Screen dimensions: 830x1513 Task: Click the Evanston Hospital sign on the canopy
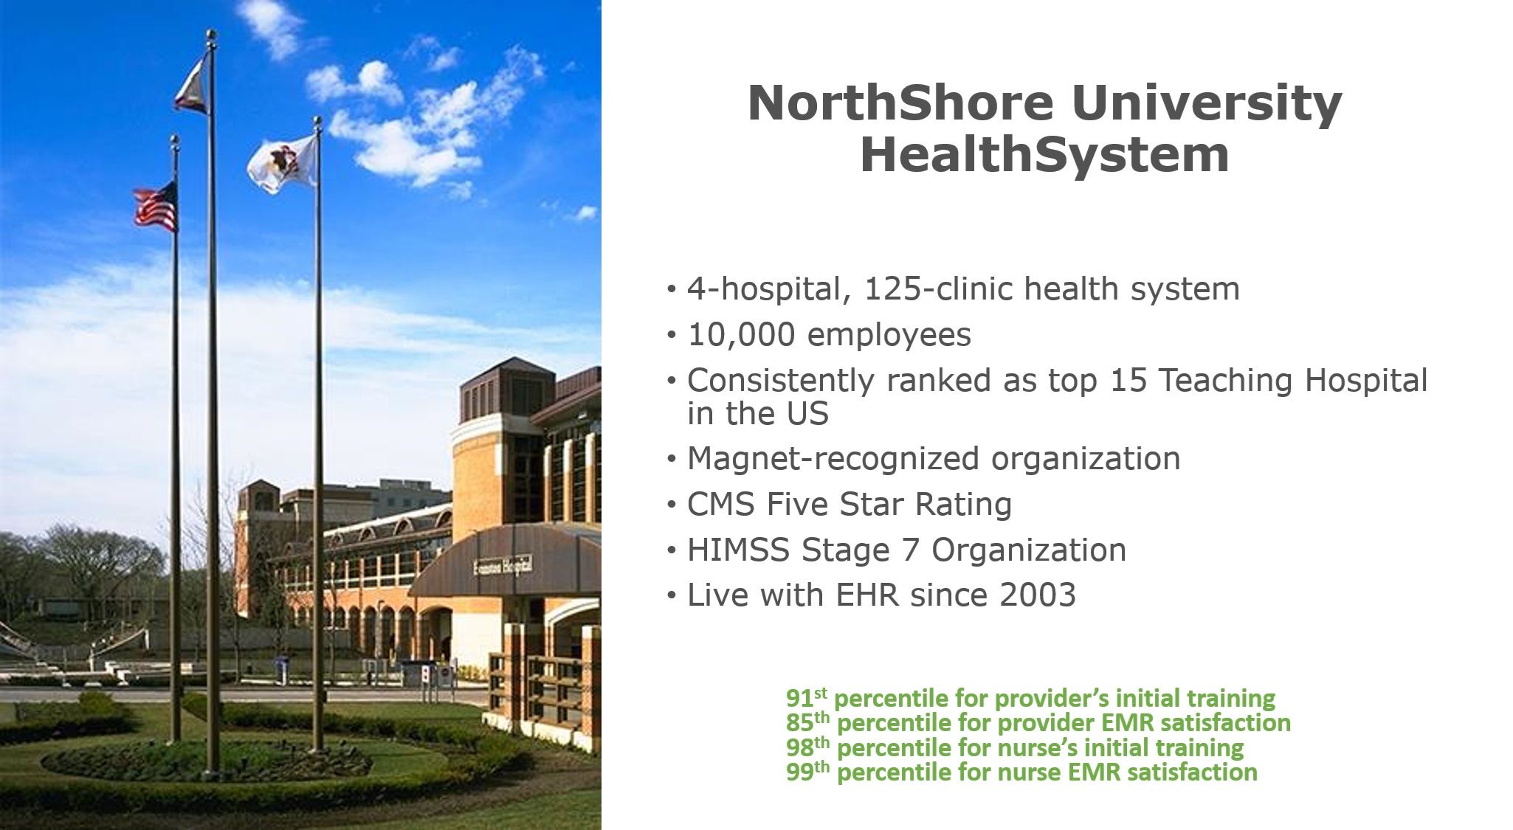coord(503,567)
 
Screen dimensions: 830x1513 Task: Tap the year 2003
coord(1036,595)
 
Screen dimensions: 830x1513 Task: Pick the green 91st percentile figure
coord(805,697)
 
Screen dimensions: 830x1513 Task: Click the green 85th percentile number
coord(807,722)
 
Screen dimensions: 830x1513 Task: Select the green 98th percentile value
coord(807,747)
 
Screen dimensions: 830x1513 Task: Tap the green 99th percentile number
coord(807,772)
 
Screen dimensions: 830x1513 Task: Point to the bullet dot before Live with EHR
coord(671,595)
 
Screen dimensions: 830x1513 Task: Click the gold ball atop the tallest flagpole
coord(212,34)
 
